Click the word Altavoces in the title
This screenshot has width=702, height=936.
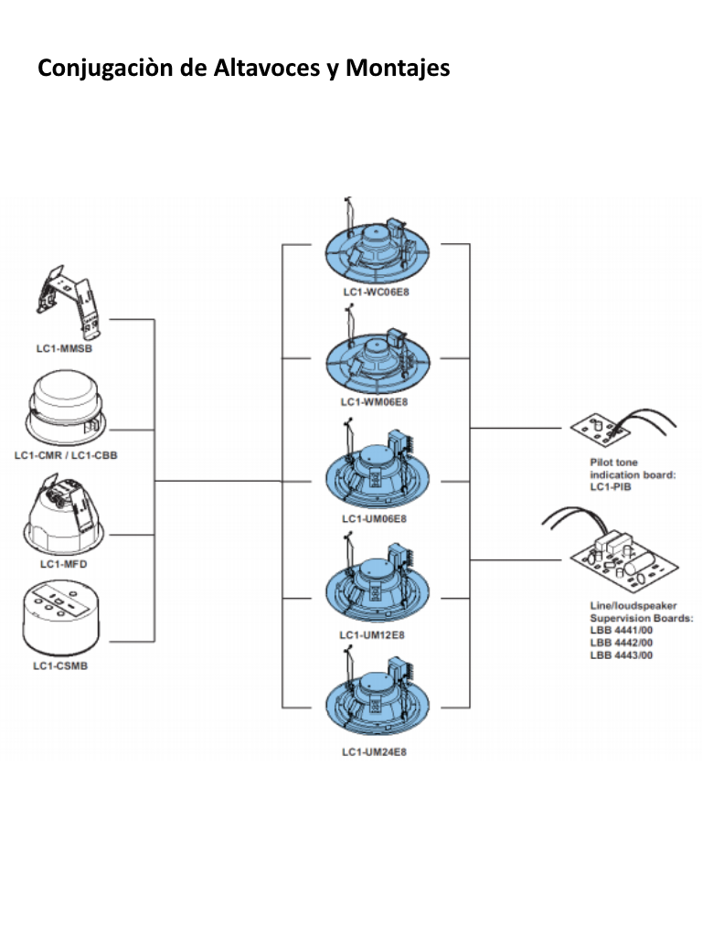tap(258, 68)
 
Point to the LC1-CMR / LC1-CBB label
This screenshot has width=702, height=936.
tap(66, 454)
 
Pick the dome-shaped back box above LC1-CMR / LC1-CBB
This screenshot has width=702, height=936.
tap(66, 408)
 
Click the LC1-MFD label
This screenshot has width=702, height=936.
tap(63, 564)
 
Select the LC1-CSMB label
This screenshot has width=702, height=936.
tap(60, 665)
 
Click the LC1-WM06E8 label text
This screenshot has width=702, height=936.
tap(374, 401)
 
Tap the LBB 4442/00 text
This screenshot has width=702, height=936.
tap(622, 643)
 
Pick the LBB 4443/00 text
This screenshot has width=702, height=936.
tap(622, 654)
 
